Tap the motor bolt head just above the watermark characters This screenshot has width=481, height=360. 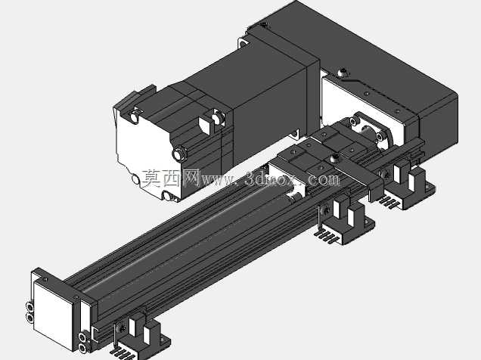[x=178, y=154]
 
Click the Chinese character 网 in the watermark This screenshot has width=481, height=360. [x=191, y=178]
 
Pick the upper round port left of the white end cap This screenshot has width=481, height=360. [x=29, y=306]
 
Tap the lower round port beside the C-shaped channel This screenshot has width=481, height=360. [x=82, y=347]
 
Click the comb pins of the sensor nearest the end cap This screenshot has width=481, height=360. [x=123, y=352]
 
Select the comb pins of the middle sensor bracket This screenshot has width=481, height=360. [x=327, y=235]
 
